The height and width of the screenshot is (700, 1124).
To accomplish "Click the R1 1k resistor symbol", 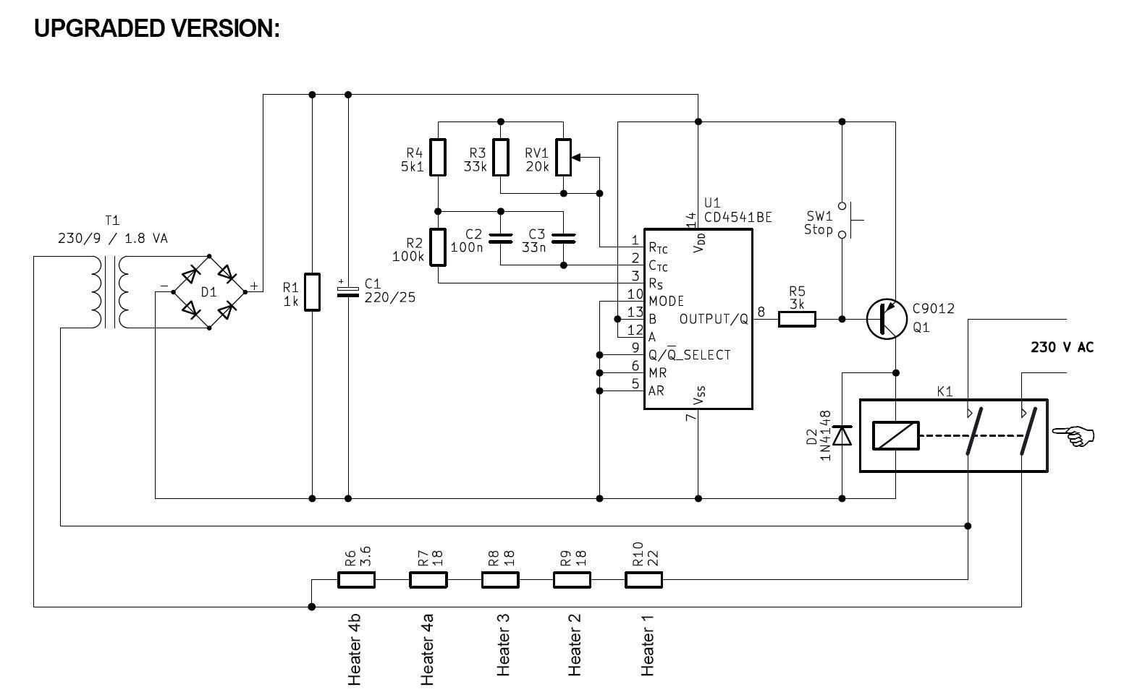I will click(x=312, y=291).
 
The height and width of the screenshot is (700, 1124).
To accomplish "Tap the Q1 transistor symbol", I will click(x=887, y=318).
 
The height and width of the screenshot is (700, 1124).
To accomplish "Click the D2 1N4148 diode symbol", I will click(x=842, y=435).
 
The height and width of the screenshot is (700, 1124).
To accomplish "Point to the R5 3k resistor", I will click(x=797, y=319).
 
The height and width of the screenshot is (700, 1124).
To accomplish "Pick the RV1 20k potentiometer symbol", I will click(x=564, y=158).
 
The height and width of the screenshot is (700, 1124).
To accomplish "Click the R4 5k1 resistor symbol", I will click(x=438, y=158).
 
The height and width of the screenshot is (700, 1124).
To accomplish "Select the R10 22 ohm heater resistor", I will click(x=643, y=579).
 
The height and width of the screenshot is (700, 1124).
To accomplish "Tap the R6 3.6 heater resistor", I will click(x=356, y=579).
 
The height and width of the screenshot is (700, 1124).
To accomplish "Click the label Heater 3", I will click(x=504, y=644).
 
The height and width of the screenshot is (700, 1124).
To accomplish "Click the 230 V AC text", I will click(x=1062, y=348).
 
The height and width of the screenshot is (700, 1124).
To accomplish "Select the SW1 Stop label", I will click(x=819, y=223).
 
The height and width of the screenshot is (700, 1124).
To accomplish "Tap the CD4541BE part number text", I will click(x=738, y=217).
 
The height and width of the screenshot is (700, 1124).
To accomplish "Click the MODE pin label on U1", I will click(x=666, y=301).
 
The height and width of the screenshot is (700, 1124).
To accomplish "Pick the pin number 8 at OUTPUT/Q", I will click(x=761, y=312).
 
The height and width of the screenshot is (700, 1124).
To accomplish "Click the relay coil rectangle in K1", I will click(x=896, y=435).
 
